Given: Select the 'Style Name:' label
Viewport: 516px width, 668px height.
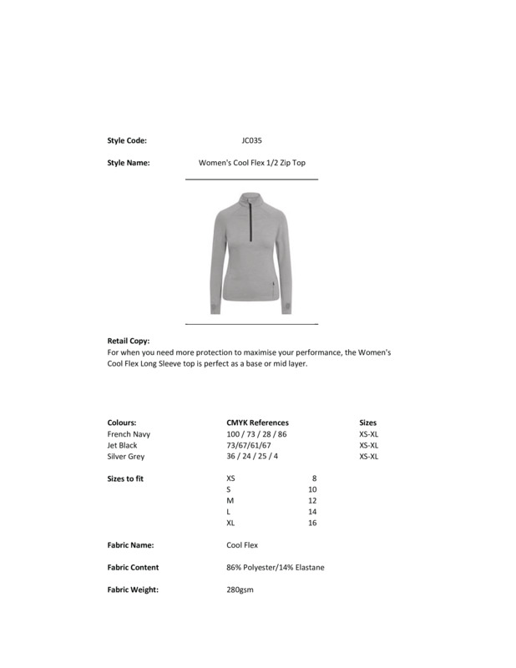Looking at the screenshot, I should click(129, 164).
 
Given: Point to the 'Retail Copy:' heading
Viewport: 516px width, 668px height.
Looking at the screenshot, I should click(129, 342).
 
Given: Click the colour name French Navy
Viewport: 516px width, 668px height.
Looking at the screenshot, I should click(129, 434).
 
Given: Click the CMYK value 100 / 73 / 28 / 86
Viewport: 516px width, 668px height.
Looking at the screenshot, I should click(256, 434).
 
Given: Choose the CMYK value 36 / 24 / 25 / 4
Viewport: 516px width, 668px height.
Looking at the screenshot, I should click(252, 457).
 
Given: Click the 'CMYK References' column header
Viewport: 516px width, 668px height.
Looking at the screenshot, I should click(257, 423).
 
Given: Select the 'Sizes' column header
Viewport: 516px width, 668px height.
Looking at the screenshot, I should click(367, 423).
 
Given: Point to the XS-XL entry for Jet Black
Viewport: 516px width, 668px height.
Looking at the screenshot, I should click(369, 445).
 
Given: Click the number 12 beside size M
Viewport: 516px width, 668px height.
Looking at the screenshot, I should click(312, 500).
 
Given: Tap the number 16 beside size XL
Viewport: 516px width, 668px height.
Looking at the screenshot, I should click(312, 523).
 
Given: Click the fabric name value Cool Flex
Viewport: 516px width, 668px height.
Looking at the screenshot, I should click(242, 545).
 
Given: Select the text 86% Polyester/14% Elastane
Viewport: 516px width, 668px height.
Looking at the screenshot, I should click(276, 568).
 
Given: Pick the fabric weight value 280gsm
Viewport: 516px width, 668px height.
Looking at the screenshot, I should click(240, 590).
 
